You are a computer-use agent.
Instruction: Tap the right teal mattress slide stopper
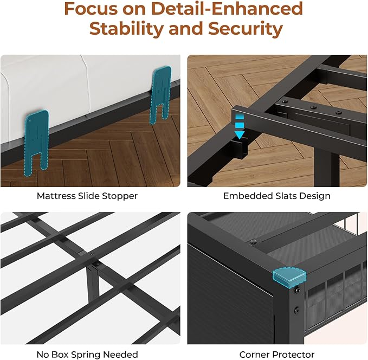coord(163,92)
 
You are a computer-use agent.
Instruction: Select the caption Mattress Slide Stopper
coord(87,196)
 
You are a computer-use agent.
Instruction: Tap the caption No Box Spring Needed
coord(87,355)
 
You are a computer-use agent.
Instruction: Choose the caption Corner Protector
coord(277,355)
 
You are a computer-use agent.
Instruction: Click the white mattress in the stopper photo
coord(81,87)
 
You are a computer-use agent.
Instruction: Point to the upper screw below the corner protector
coord(298,291)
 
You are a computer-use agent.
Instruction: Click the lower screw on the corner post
coord(298,311)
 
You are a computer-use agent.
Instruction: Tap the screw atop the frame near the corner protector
coord(254,240)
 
